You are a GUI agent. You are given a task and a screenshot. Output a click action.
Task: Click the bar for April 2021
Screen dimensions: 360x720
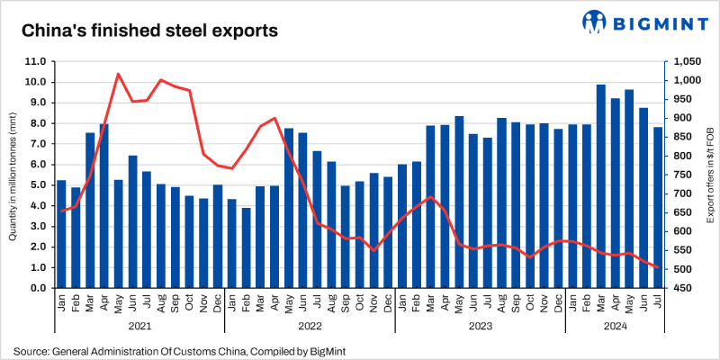coord(103,206)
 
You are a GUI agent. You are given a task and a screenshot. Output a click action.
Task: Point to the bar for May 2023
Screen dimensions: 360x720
coord(459,202)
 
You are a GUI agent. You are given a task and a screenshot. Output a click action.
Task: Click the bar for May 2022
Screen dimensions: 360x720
coord(289,208)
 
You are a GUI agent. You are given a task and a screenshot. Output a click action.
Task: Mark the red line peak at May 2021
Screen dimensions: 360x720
coord(118,74)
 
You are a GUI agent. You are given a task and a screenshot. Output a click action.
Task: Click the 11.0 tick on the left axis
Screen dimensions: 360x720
coord(37,61)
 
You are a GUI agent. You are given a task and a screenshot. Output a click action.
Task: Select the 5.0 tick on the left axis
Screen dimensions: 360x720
coord(39,185)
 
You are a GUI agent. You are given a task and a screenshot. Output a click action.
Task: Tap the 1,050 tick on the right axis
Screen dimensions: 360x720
coord(684,61)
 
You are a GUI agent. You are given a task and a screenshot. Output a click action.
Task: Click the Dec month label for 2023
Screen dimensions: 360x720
coord(558,304)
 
